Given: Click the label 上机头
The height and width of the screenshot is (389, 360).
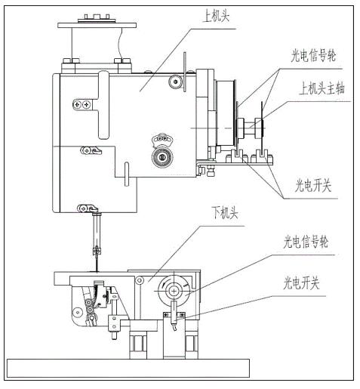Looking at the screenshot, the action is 217,17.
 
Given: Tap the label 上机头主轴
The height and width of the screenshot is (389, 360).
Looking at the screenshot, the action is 322,89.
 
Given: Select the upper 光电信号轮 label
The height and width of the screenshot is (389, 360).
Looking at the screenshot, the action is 313,55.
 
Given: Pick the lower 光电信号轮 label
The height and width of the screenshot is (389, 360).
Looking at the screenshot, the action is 306,242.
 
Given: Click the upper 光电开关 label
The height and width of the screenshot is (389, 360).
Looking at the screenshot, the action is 313,186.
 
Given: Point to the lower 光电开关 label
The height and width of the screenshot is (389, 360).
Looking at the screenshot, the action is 301,282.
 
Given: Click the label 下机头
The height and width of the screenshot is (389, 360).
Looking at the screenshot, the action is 225,213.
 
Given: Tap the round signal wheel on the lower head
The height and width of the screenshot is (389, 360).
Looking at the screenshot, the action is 174,291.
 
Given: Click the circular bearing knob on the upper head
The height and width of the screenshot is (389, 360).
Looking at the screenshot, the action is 162,157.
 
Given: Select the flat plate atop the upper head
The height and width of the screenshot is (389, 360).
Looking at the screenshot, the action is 97,25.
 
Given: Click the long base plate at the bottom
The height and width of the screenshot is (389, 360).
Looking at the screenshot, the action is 128,368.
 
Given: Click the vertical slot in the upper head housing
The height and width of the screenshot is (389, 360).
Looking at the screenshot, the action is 103,105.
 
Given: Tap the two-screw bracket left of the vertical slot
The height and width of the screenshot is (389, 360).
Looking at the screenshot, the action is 82,104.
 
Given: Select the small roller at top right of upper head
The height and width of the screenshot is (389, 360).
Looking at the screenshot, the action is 176,82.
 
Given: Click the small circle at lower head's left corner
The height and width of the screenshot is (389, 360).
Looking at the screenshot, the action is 78,313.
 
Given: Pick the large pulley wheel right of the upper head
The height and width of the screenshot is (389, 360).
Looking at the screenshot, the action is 226,113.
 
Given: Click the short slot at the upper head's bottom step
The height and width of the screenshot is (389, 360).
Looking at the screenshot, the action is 127,174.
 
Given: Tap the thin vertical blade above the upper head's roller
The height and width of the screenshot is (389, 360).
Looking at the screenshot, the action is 185,72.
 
